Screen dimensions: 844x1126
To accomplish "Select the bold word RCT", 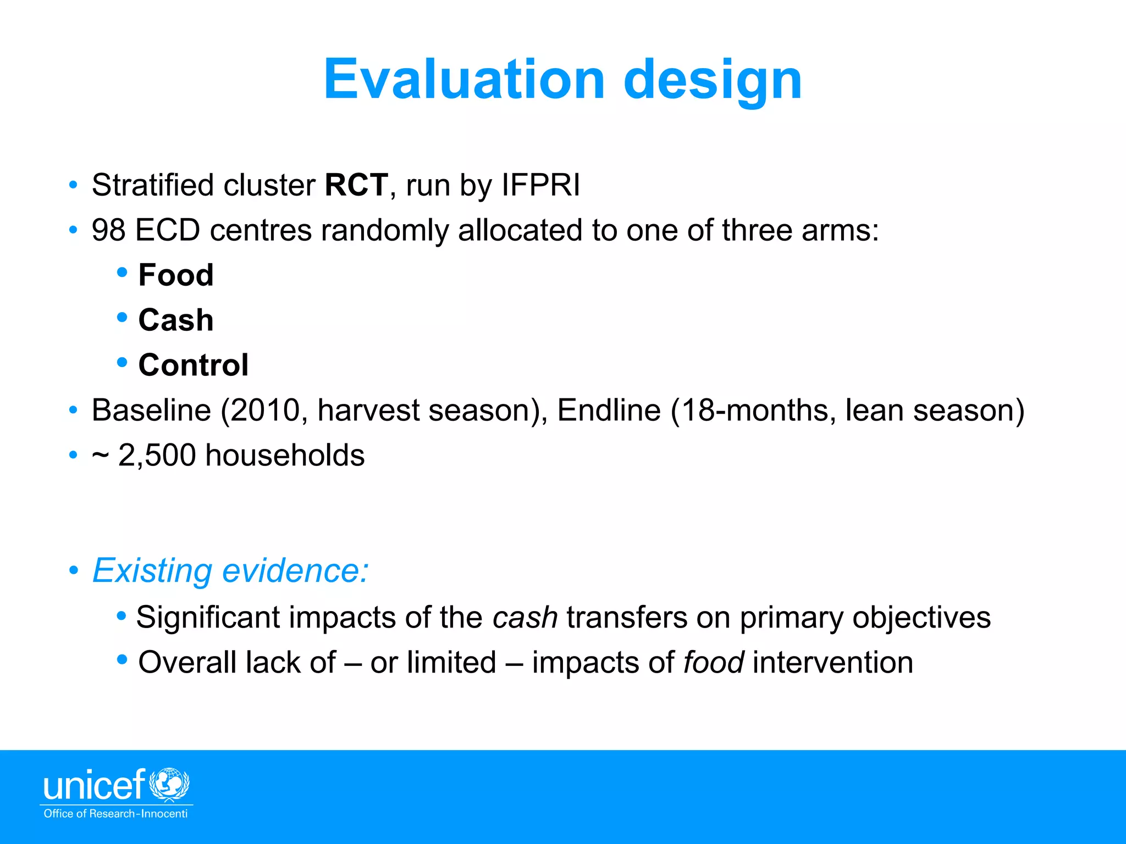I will [x=356, y=185].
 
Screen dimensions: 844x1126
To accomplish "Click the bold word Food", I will [x=176, y=275].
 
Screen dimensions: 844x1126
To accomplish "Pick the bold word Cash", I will [x=176, y=320].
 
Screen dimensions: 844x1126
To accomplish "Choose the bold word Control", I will [x=194, y=365].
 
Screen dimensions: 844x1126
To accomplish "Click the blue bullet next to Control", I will [x=122, y=362].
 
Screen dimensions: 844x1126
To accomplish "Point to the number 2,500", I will [x=157, y=456].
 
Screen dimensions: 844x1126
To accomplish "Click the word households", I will [x=285, y=456].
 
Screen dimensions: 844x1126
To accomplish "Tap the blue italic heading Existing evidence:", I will [x=230, y=570].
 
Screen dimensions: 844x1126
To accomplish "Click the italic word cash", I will [x=525, y=617].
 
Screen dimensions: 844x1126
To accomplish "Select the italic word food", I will [x=714, y=662].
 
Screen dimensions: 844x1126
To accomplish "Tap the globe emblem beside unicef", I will [x=169, y=784].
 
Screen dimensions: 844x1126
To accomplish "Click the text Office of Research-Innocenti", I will [x=115, y=814].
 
